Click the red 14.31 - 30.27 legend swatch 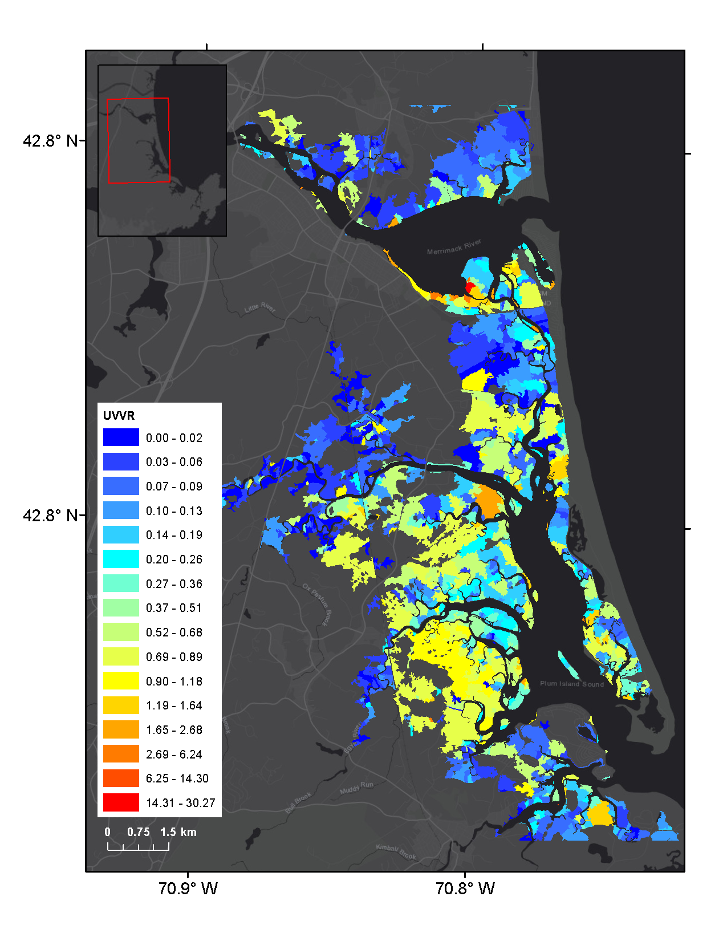(121, 802)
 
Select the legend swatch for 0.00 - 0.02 (121, 437)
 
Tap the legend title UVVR (119, 416)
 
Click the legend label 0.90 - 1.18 (174, 681)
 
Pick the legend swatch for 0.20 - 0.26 (121, 559)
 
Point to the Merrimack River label (454, 248)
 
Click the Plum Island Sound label (571, 684)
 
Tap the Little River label (260, 308)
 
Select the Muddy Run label (356, 788)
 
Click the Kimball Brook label (396, 852)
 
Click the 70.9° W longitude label (188, 889)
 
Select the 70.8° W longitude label (465, 889)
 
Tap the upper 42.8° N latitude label (50, 141)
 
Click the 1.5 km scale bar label (178, 832)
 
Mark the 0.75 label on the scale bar (139, 832)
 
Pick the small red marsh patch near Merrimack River (470, 287)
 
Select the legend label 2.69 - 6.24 (174, 754)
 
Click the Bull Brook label (298, 802)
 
